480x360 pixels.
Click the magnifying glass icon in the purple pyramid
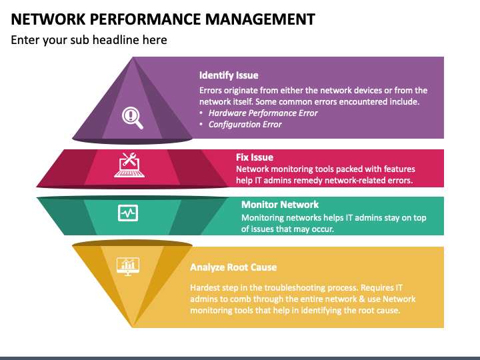[x=132, y=117]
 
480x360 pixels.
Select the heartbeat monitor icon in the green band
[x=127, y=213]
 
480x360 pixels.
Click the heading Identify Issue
[x=229, y=75]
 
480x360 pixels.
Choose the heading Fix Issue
[x=255, y=157]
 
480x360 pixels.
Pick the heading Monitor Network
[x=280, y=205]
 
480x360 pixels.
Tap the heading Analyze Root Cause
[x=233, y=267]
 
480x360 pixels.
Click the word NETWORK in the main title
[x=45, y=19]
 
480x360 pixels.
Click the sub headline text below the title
[x=89, y=40]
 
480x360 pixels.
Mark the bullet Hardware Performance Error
[x=263, y=113]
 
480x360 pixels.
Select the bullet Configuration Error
[x=245, y=124]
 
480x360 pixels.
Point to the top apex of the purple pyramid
[x=133, y=58]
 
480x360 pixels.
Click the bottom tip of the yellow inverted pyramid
[x=133, y=327]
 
